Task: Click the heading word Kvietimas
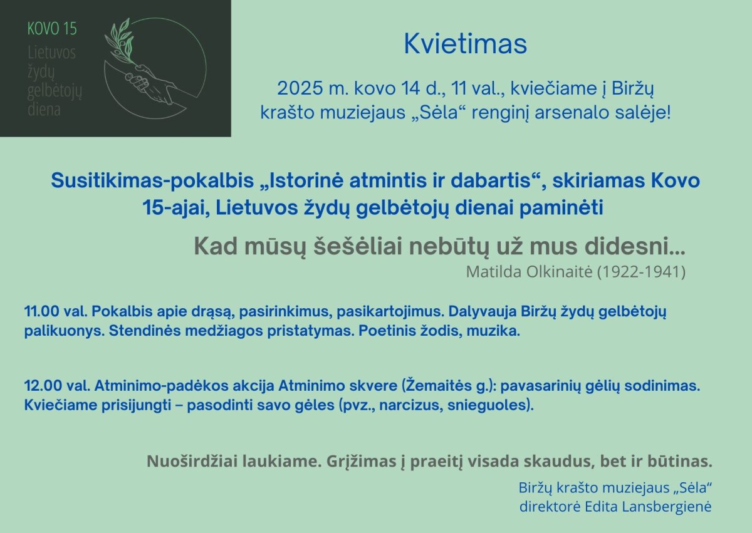pyautogui.click(x=465, y=44)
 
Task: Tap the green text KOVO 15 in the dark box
pyautogui.click(x=52, y=29)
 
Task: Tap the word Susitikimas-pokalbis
pyautogui.click(x=152, y=181)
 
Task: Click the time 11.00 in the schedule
pyautogui.click(x=41, y=312)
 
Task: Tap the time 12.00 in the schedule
pyautogui.click(x=43, y=386)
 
